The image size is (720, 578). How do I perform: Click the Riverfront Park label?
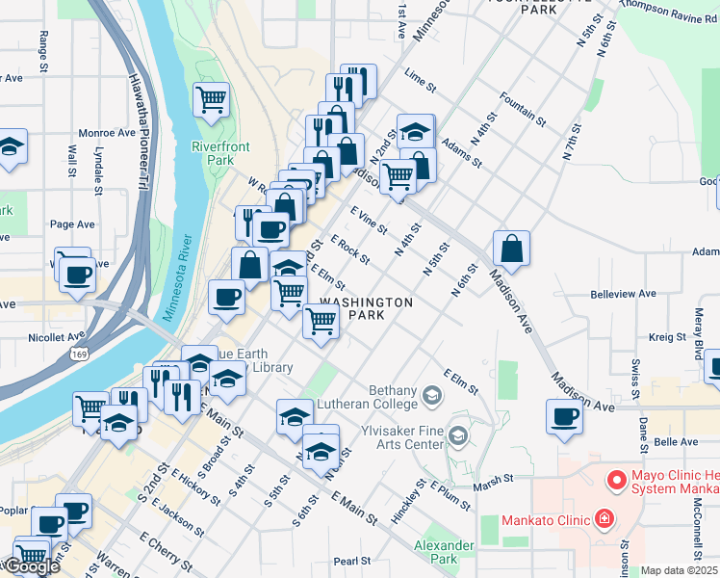[x=220, y=153]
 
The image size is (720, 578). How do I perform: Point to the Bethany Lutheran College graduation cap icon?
[x=433, y=394]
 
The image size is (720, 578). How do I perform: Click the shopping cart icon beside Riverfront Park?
[x=211, y=98]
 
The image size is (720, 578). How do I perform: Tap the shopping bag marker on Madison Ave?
[x=512, y=248]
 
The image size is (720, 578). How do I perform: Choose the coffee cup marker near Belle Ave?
[x=563, y=417]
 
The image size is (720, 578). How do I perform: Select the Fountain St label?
[x=523, y=109]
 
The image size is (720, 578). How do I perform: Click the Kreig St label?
[x=665, y=337]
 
